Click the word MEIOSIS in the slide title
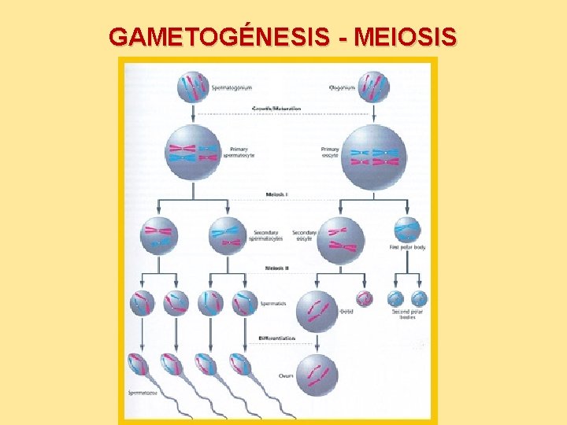(x=406, y=37)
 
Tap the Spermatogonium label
(x=233, y=87)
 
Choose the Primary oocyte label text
(x=330, y=152)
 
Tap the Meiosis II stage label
(x=276, y=268)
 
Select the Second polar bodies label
(x=406, y=314)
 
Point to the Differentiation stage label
(x=277, y=338)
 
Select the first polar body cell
(x=407, y=230)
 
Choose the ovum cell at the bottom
(x=317, y=375)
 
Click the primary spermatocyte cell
(x=194, y=152)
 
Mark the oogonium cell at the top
(x=374, y=87)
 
